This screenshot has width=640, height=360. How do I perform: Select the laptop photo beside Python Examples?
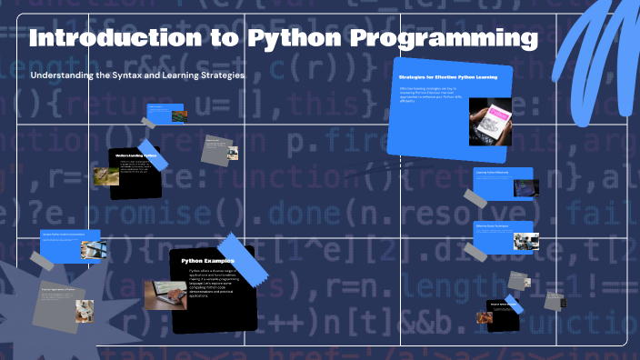165,295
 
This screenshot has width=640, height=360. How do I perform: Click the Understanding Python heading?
135,156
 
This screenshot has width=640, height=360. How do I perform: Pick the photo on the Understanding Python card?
105,175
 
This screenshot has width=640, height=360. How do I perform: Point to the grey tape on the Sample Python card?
42,261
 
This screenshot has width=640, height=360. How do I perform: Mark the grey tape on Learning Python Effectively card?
475,197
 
